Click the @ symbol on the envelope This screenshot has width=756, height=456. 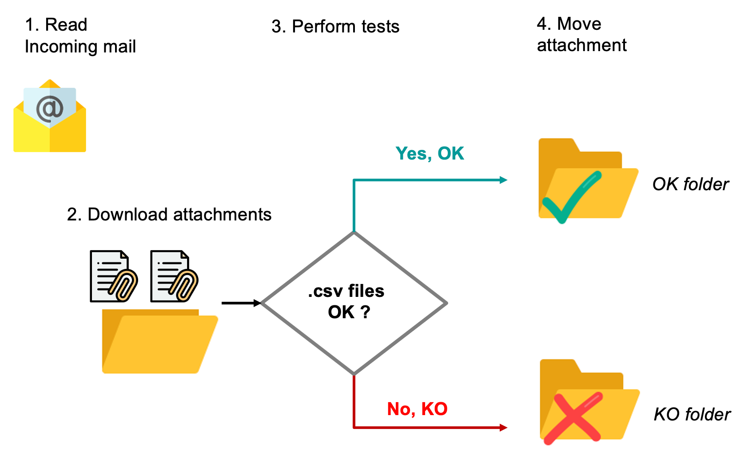click(50, 108)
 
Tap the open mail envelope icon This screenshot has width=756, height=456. click(50, 116)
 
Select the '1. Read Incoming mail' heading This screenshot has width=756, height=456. click(80, 36)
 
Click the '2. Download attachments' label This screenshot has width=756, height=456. click(169, 214)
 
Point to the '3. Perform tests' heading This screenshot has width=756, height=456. click(335, 26)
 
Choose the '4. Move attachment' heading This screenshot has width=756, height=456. click(581, 35)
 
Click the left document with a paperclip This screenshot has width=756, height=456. click(113, 276)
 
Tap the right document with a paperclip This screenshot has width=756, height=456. click(174, 276)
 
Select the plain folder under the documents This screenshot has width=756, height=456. click(159, 341)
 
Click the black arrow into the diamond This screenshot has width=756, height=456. click(241, 303)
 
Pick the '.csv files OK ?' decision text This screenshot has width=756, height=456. click(346, 301)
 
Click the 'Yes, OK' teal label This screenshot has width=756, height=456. click(430, 153)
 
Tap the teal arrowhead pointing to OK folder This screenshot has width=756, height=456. click(503, 180)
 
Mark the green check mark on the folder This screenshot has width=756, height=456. click(572, 197)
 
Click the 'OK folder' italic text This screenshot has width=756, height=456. click(690, 184)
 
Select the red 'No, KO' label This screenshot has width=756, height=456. click(417, 409)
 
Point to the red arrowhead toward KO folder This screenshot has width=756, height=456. click(503, 428)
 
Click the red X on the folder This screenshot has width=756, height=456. click(573, 418)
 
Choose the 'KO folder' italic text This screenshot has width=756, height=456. click(692, 415)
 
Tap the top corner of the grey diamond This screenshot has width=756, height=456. click(354, 232)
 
